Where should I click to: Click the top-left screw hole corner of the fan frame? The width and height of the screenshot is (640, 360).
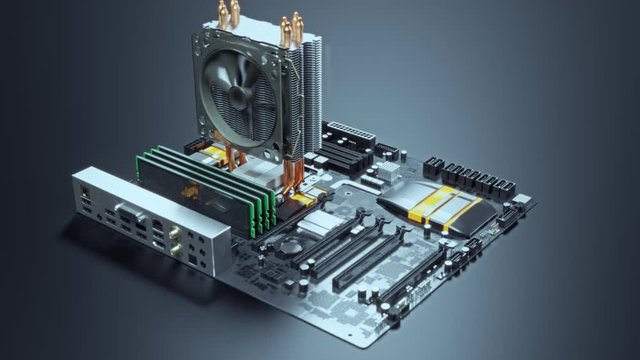pyautogui.click(x=201, y=40)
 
